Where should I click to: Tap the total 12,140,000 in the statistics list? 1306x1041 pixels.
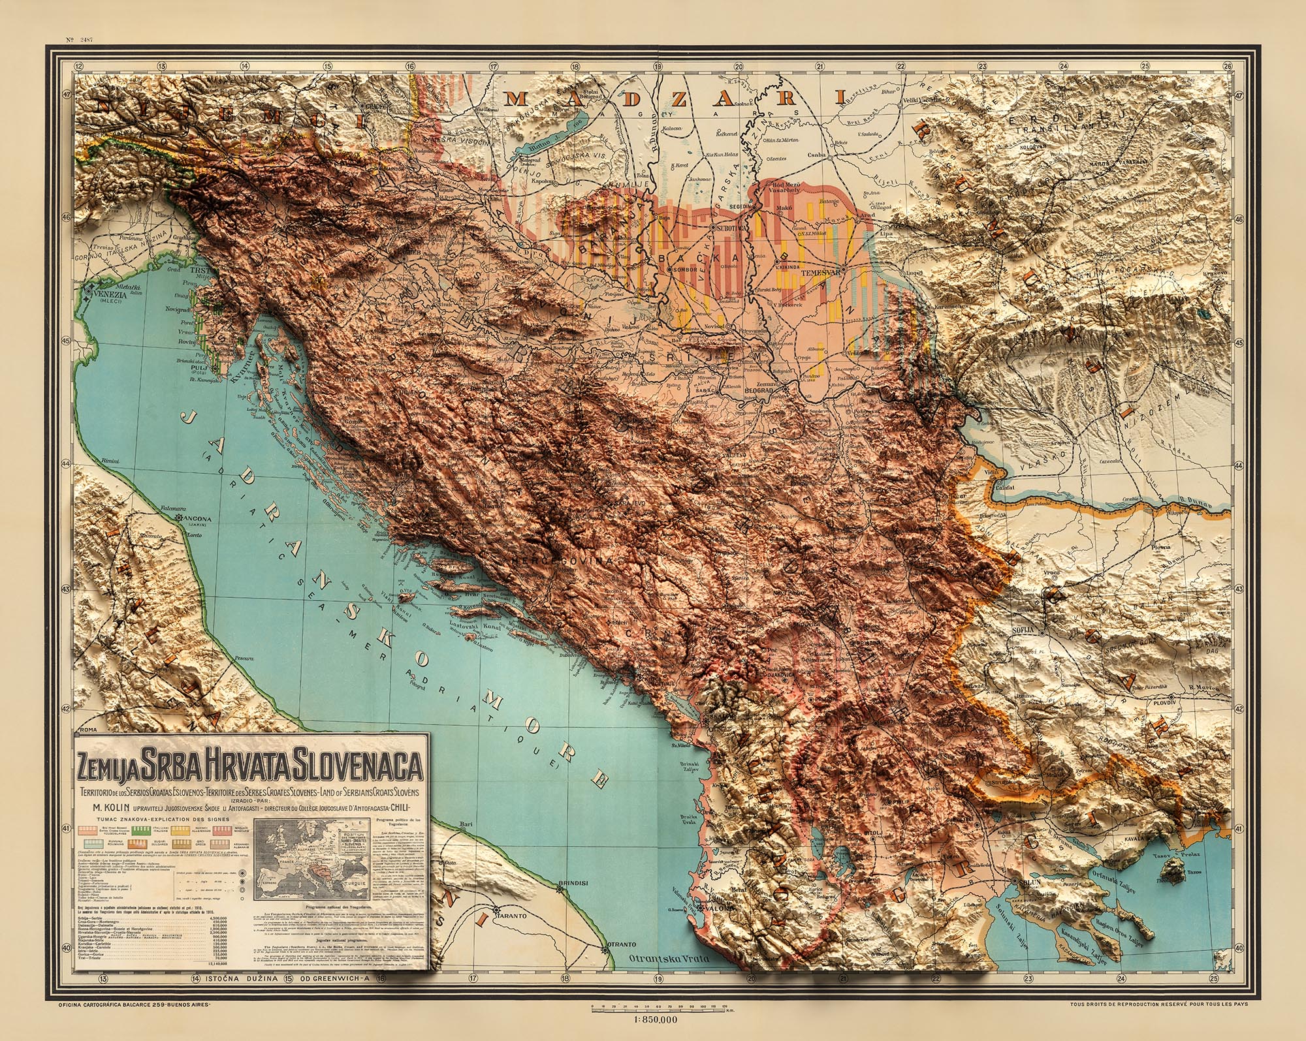tap(222, 962)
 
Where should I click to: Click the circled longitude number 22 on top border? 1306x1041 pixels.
tap(900, 66)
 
